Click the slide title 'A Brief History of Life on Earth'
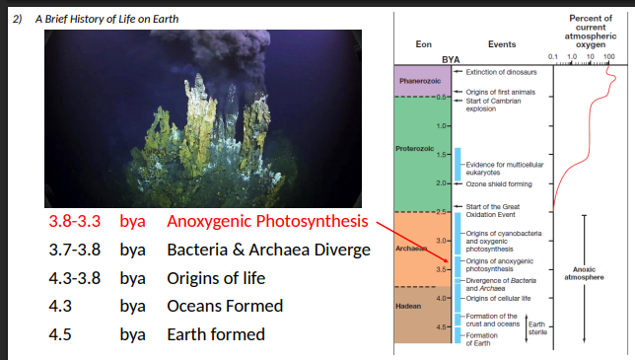point(106,20)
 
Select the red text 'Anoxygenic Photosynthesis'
point(267,222)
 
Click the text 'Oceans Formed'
point(223,306)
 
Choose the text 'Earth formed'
point(216,333)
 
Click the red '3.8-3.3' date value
point(74,222)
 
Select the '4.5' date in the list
point(60,333)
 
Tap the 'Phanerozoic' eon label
point(418,78)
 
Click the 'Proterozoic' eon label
point(415,149)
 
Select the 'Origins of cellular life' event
point(498,297)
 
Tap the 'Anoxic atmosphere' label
point(583,272)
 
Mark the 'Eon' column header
point(424,43)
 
